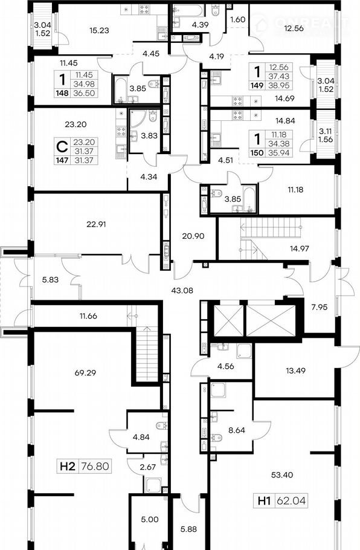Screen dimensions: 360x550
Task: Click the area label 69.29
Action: (85, 372)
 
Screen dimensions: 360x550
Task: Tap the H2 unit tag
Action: (68, 466)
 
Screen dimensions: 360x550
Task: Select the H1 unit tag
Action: (265, 500)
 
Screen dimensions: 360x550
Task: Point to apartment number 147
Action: (62, 160)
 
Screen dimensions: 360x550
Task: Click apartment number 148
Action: (62, 93)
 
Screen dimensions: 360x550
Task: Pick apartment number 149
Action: (257, 85)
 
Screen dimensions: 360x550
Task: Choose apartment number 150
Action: (257, 152)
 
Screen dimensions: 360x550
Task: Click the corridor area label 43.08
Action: (182, 291)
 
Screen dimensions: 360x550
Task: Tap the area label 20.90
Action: (193, 236)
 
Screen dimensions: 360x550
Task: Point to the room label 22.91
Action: (96, 224)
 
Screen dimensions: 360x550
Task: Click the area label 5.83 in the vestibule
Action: (50, 280)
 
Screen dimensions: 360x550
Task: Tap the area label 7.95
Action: (320, 307)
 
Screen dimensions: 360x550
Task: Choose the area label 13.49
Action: (295, 370)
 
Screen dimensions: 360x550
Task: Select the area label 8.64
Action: (237, 430)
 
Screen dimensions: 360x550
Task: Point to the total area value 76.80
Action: (95, 466)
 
